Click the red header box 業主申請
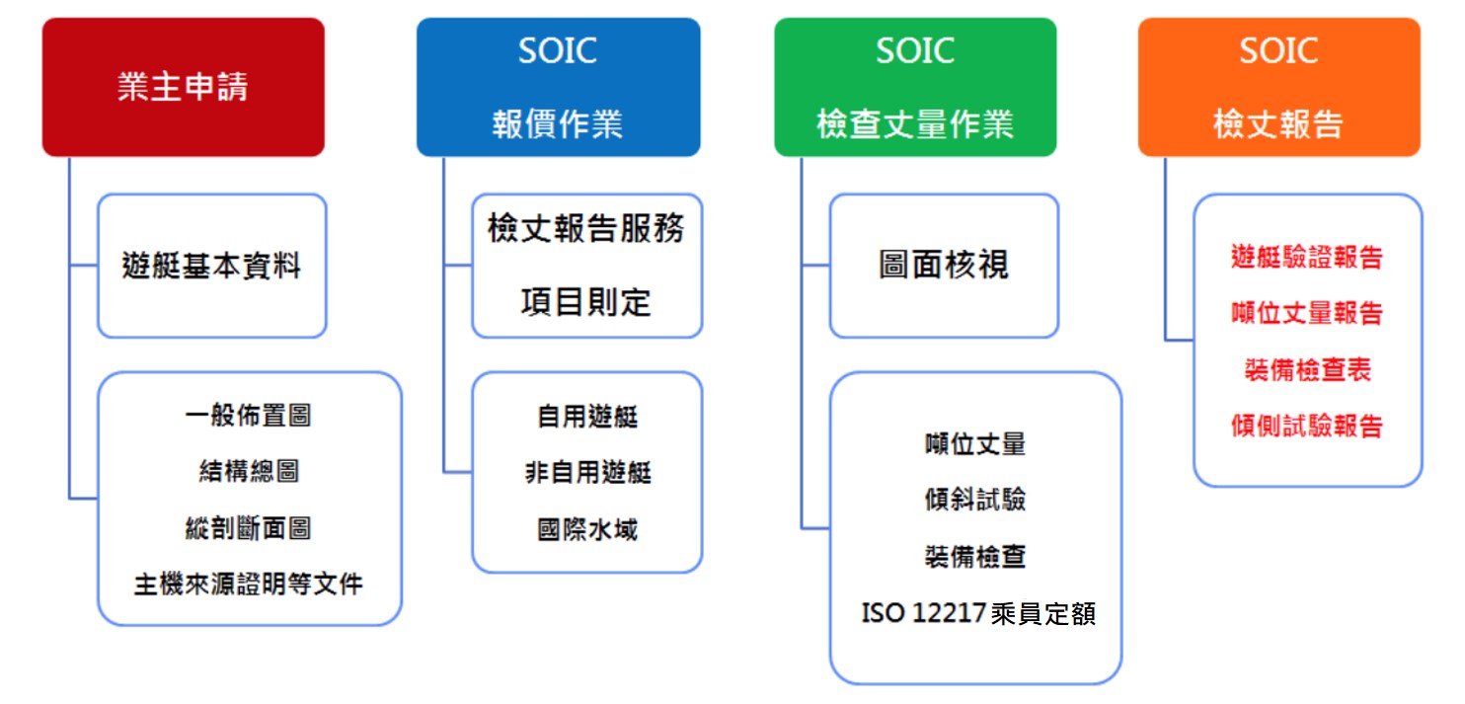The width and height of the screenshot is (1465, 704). point(184,87)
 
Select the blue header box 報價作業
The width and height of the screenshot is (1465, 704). point(559,87)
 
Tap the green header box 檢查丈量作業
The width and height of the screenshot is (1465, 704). point(916,87)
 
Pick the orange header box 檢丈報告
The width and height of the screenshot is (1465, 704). point(1279,87)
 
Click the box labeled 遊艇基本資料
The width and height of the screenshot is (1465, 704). point(212,266)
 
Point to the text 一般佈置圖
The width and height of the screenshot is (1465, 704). point(249,416)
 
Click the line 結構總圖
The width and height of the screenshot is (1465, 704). point(249,471)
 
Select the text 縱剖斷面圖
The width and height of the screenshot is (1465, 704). point(249,528)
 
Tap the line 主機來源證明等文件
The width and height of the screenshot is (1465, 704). point(249,585)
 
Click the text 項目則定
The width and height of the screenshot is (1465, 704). point(586,302)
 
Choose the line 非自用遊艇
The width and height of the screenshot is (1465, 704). point(588,472)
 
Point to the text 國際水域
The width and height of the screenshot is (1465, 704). point(587,529)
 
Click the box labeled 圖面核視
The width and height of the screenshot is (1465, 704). point(944,266)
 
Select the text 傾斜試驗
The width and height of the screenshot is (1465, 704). point(975,500)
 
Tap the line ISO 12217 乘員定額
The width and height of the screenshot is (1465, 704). point(978,614)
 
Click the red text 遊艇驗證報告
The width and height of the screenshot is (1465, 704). point(1307,257)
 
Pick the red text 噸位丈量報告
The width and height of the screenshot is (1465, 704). point(1307,313)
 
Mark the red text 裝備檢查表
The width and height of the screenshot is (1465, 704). point(1307,370)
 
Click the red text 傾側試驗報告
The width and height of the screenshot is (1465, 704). point(1307,426)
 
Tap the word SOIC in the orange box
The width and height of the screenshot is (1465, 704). point(1278,50)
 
